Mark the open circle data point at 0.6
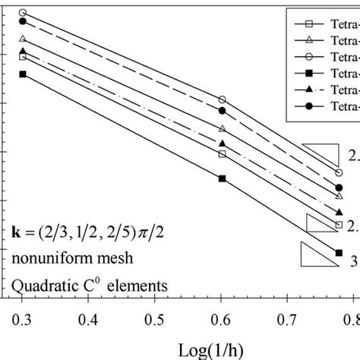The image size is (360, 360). click(222, 99)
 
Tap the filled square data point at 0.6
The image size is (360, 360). click(222, 178)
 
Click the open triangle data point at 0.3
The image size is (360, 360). click(23, 39)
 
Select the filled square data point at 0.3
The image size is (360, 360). click(23, 74)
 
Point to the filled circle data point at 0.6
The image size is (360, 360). click(222, 111)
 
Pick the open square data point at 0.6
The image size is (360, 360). click(222, 154)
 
